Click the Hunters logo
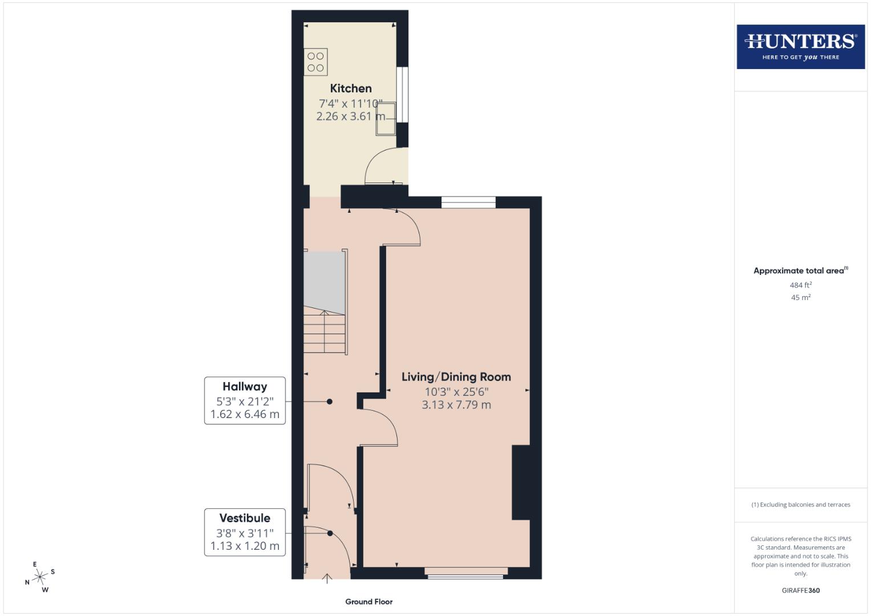point(800,47)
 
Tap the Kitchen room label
point(351,88)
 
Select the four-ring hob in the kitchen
point(315,62)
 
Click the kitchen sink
point(385,119)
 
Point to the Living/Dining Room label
point(456,377)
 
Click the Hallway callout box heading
point(245,387)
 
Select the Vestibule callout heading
point(245,518)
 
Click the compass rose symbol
point(40,577)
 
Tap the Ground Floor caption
point(368,602)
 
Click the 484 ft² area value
point(800,285)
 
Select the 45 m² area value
point(800,298)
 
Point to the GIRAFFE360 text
point(800,590)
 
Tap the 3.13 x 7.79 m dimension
point(456,405)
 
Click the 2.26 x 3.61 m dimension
point(350,116)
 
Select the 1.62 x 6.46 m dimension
point(245,415)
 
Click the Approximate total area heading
point(800,271)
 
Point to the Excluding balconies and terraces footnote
point(800,505)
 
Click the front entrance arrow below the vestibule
point(327,579)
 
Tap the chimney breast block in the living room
point(521,483)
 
